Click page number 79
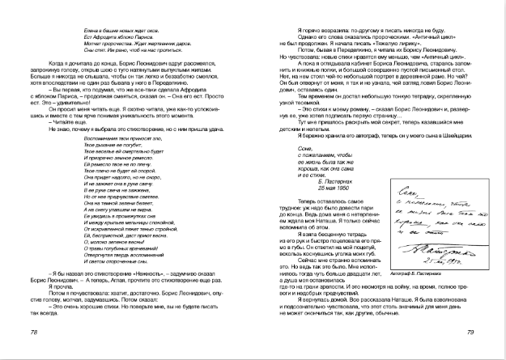(x=470, y=332)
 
